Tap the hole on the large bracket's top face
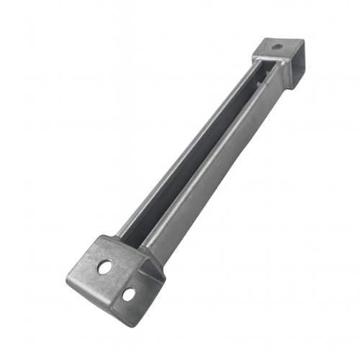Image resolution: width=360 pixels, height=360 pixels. click(105, 267)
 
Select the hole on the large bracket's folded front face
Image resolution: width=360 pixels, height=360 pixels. click(128, 294)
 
